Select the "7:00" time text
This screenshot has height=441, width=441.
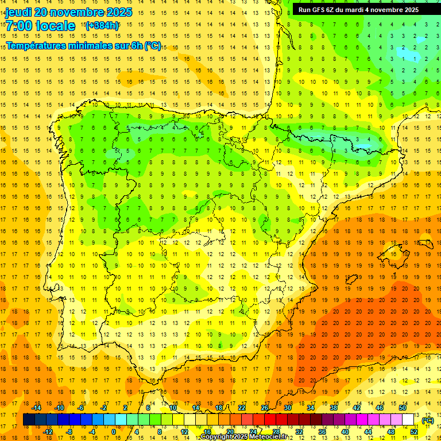[x=19, y=26]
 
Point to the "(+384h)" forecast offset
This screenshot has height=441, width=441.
[x=102, y=26]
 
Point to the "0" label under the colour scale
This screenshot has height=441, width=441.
[x=113, y=432]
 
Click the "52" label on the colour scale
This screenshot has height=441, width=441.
[x=414, y=432]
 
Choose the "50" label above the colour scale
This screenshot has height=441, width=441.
[x=403, y=408]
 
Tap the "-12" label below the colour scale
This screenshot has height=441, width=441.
[x=48, y=432]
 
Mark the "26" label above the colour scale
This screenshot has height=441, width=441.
[x=265, y=408]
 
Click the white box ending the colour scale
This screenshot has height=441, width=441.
[x=408, y=420]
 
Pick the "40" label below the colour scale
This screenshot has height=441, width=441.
[x=345, y=432]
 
